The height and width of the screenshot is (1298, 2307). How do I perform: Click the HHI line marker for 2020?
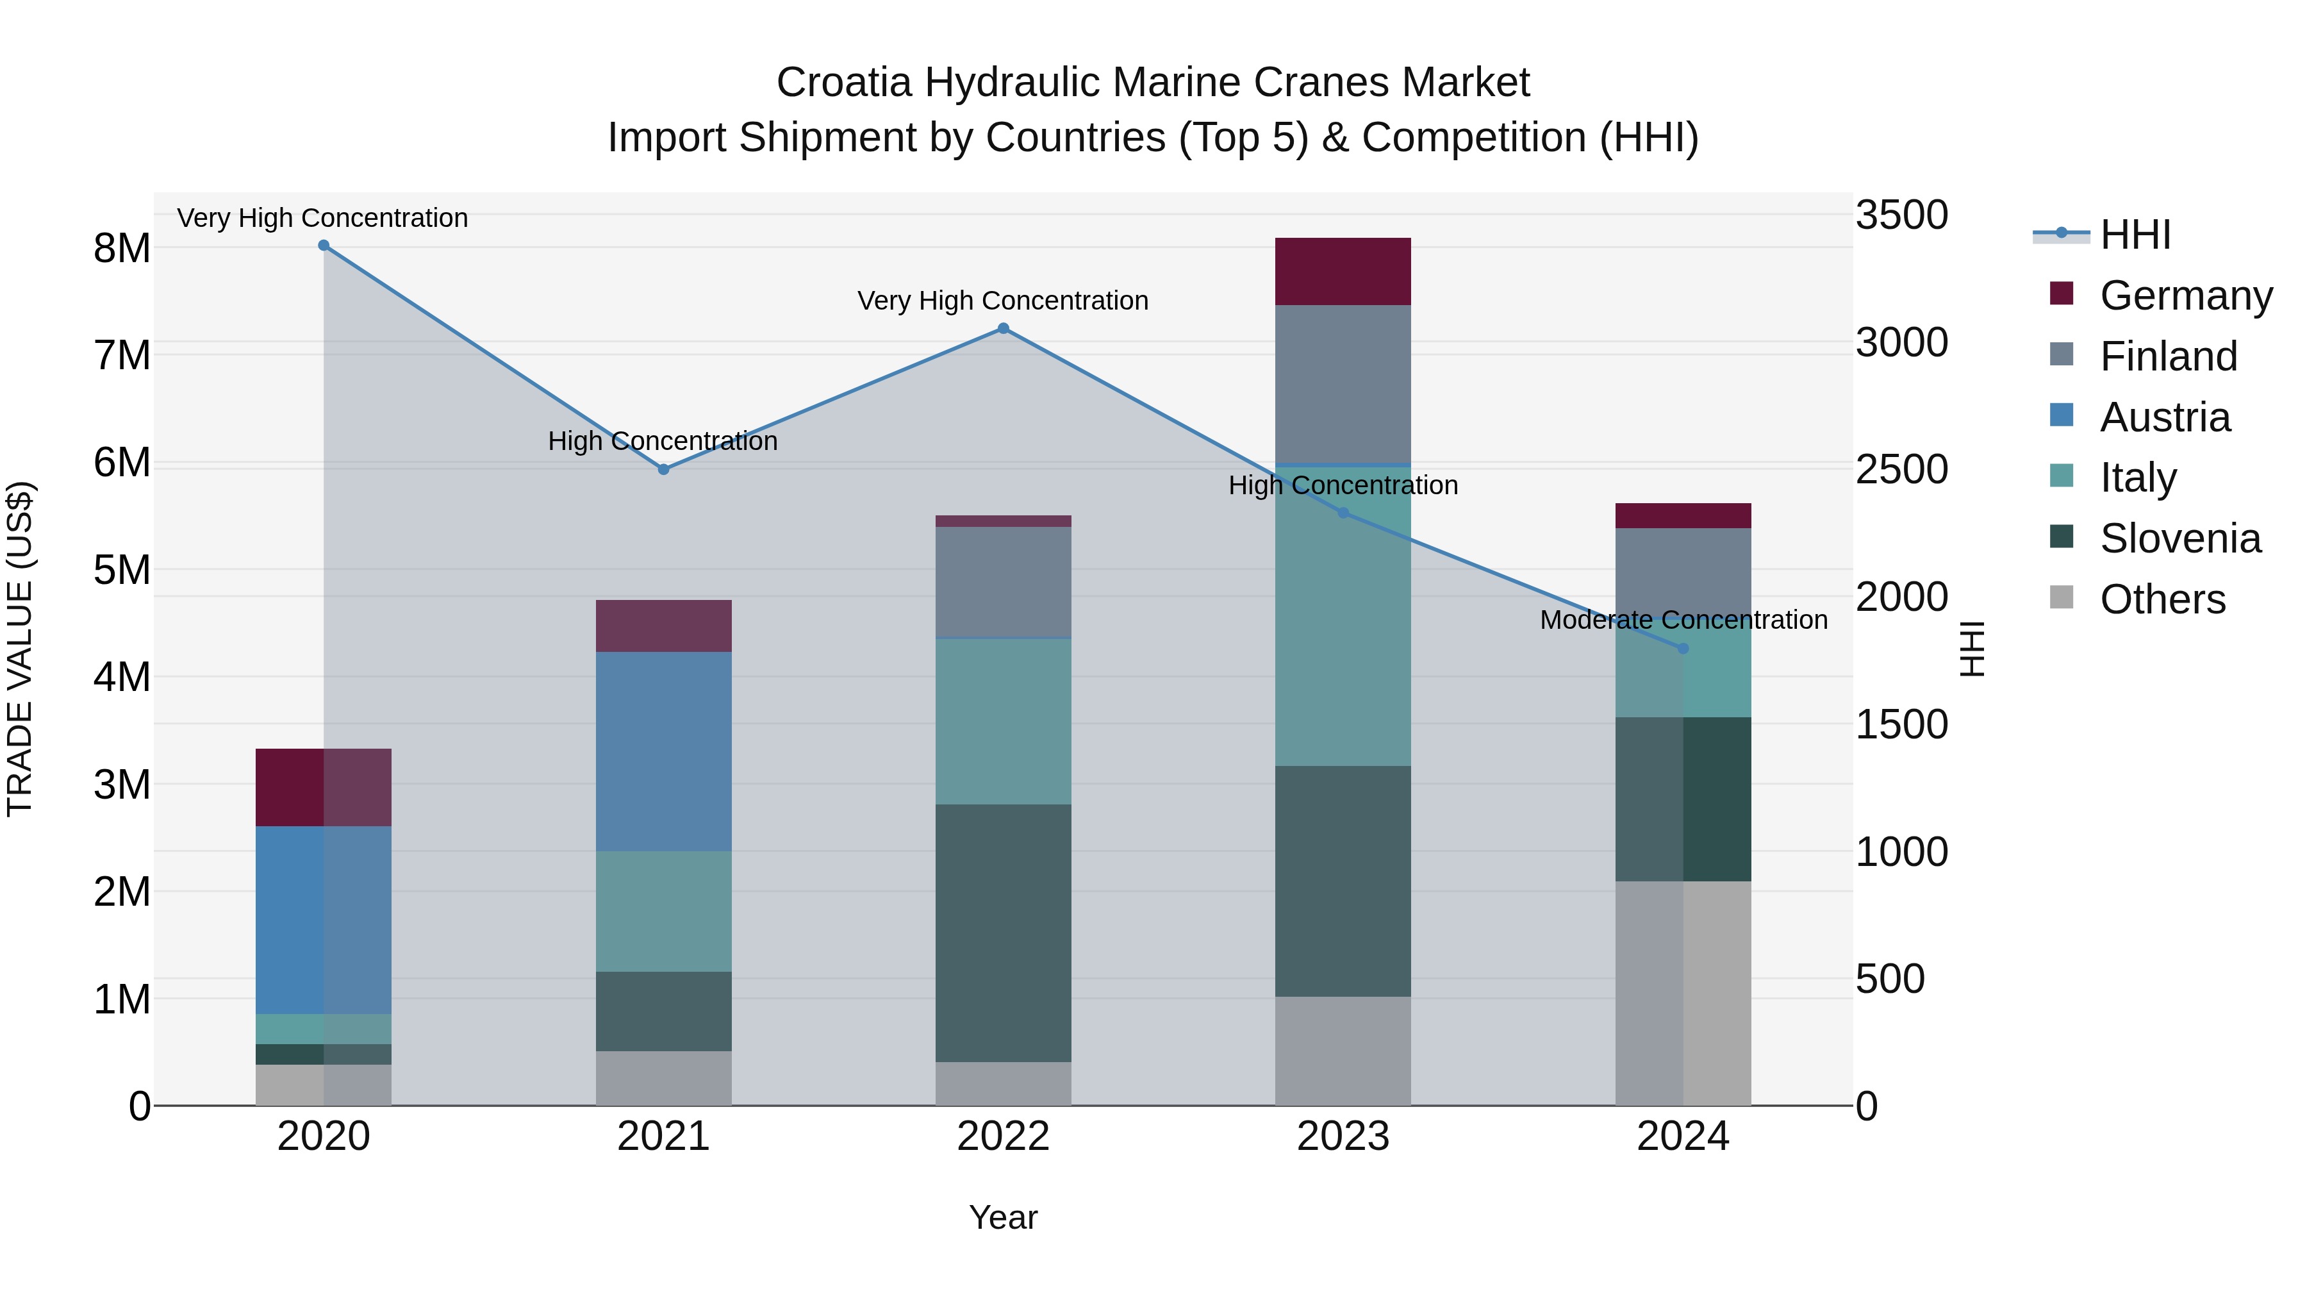pyautogui.click(x=324, y=245)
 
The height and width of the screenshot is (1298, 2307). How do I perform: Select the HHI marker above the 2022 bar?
pyautogui.click(x=1003, y=329)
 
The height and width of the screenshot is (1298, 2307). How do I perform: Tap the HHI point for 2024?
pyautogui.click(x=1683, y=649)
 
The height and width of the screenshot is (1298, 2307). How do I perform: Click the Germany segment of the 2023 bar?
pyautogui.click(x=1343, y=271)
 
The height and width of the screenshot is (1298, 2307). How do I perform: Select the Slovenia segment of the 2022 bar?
pyautogui.click(x=1003, y=933)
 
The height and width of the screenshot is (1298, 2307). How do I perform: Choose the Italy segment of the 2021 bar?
pyautogui.click(x=664, y=911)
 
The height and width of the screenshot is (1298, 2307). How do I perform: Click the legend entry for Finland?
pyautogui.click(x=2167, y=356)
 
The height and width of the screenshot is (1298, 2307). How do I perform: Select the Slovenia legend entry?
pyautogui.click(x=2179, y=539)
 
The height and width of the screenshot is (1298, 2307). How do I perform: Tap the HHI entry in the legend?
pyautogui.click(x=2134, y=235)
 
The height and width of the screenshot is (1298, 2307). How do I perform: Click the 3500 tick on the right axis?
pyautogui.click(x=1901, y=216)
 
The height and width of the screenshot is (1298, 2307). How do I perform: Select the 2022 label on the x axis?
pyautogui.click(x=1003, y=1136)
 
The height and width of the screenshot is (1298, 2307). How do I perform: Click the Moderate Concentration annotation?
pyautogui.click(x=1683, y=620)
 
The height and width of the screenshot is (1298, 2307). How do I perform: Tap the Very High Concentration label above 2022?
pyautogui.click(x=1003, y=301)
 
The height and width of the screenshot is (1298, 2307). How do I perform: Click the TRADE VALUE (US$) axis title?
pyautogui.click(x=21, y=649)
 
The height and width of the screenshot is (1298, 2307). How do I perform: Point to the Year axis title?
pyautogui.click(x=1003, y=1217)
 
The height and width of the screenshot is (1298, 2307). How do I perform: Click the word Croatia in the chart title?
pyautogui.click(x=843, y=83)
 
